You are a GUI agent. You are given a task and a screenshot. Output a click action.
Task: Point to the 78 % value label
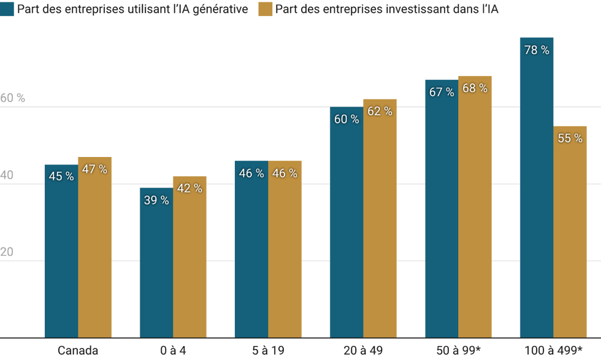click(x=537, y=50)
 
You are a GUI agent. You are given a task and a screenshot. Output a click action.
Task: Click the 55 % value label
click(x=570, y=138)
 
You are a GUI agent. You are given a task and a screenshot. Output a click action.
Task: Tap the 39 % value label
click(x=156, y=200)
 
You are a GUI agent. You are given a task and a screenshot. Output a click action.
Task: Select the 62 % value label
click(x=380, y=111)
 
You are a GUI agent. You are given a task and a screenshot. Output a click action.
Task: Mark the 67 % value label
click(x=442, y=92)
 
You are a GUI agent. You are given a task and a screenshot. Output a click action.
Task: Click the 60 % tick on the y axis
click(x=13, y=98)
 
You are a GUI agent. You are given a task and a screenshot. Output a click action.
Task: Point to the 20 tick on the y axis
click(x=7, y=251)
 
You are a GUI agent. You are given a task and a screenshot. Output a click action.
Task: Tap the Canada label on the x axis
click(x=78, y=351)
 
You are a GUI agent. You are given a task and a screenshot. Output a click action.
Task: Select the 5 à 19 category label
click(x=267, y=351)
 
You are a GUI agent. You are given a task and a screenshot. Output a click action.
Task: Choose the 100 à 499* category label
click(x=553, y=351)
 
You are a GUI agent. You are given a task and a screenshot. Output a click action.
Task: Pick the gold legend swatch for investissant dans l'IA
click(x=266, y=10)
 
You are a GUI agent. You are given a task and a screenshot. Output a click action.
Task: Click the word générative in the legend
click(x=224, y=10)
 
